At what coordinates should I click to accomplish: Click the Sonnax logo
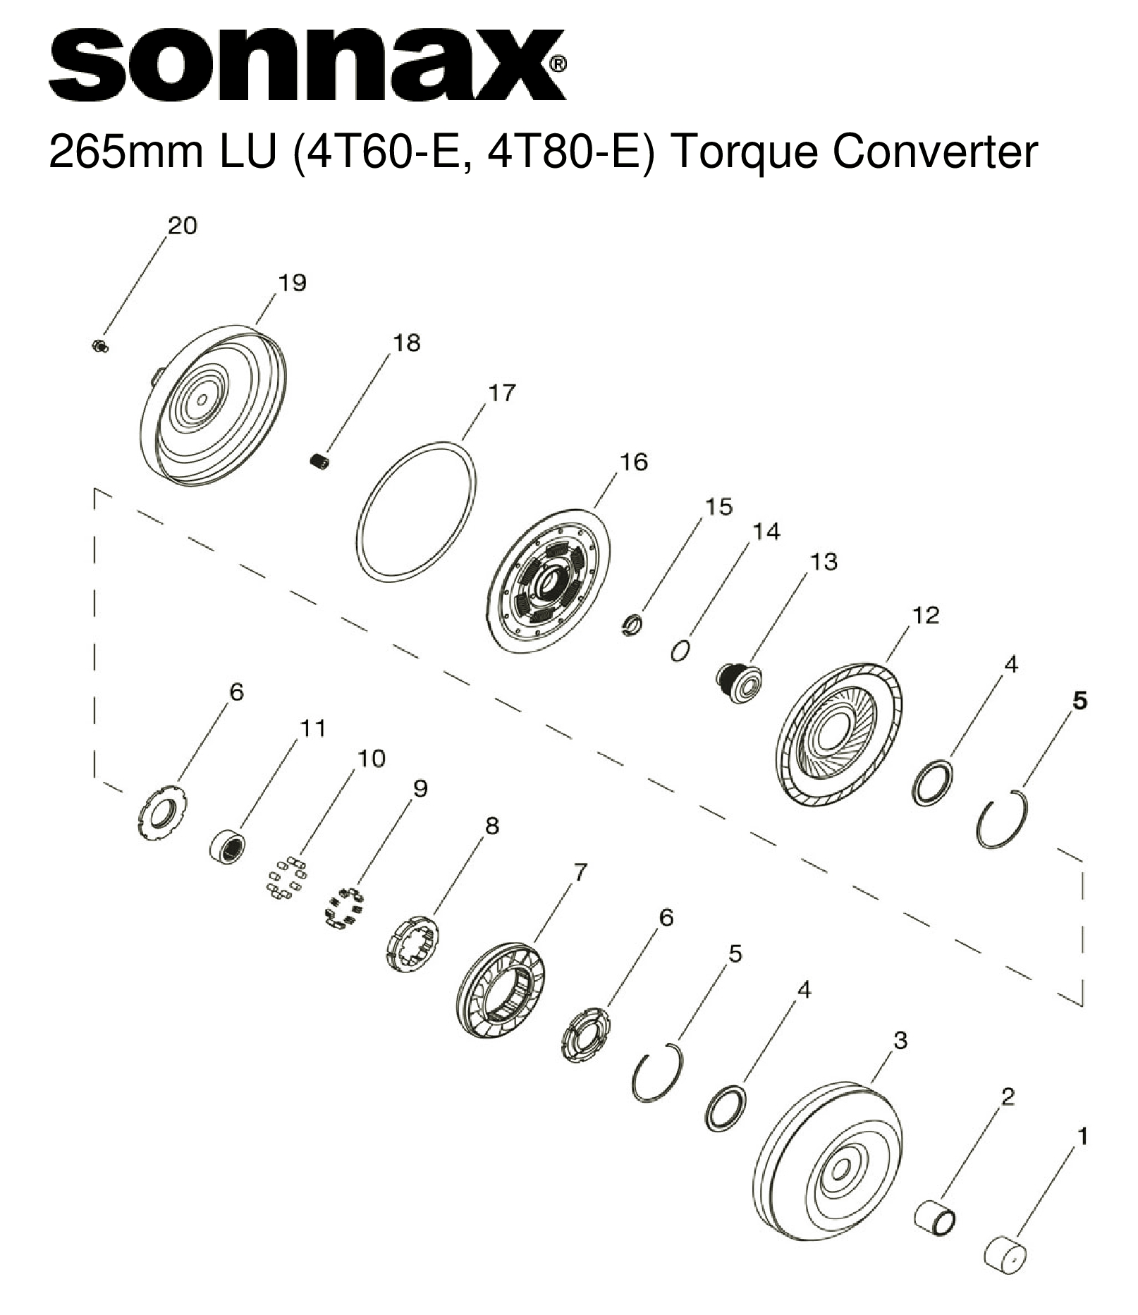pos(307,65)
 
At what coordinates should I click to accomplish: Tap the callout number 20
pos(182,226)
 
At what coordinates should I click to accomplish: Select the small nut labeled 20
pos(99,345)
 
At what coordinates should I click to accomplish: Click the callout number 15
pos(718,506)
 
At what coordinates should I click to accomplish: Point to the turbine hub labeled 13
pos(738,682)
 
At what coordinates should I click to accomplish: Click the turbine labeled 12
pos(839,735)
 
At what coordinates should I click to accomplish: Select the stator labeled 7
pos(501,989)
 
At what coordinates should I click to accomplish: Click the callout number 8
pos(491,825)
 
